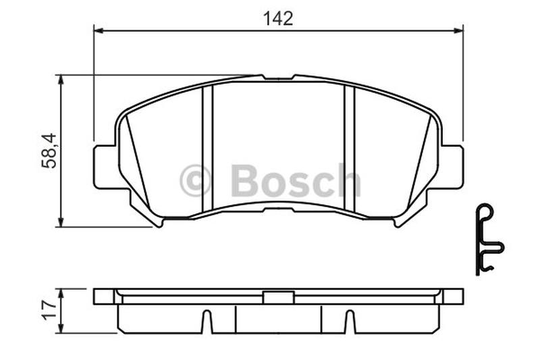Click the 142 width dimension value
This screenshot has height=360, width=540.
(278, 19)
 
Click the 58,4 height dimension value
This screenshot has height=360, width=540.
(49, 151)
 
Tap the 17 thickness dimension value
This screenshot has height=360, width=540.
(49, 310)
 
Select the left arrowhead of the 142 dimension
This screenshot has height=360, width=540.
(99, 30)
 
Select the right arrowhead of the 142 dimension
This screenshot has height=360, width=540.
(458, 30)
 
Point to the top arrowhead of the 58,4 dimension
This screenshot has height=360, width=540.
(61, 79)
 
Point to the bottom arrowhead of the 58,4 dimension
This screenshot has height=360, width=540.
(61, 222)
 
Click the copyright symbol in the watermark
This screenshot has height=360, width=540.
(195, 180)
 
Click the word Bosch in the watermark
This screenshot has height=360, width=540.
(296, 180)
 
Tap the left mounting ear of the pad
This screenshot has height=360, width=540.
(105, 167)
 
